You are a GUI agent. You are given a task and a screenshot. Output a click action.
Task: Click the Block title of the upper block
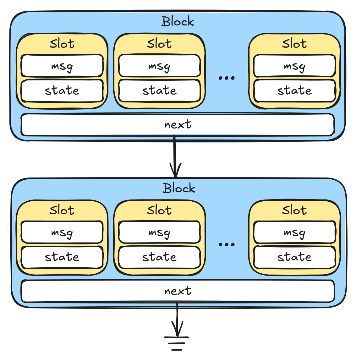pyautogui.click(x=178, y=22)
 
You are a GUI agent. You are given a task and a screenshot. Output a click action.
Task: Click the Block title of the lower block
pyautogui.click(x=179, y=188)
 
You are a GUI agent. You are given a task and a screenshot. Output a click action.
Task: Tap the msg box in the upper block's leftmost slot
pyautogui.click(x=62, y=66)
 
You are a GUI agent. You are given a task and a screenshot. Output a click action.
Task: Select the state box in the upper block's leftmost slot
pyautogui.click(x=62, y=91)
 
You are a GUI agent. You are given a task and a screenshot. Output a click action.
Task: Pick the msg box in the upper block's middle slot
pyautogui.click(x=159, y=66)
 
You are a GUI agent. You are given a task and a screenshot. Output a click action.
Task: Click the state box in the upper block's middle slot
pyautogui.click(x=159, y=91)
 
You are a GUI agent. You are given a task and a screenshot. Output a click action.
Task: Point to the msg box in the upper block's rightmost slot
pyautogui.click(x=294, y=66)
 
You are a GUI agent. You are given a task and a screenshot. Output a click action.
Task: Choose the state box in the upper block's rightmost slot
pyautogui.click(x=294, y=91)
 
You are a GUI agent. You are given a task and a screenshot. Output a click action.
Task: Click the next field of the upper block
pyautogui.click(x=178, y=125)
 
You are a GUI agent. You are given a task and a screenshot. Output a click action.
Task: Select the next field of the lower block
pyautogui.click(x=178, y=291)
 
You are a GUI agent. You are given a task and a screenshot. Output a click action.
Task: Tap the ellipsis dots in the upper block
pyautogui.click(x=227, y=78)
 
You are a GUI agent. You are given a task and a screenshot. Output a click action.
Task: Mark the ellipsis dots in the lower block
pyautogui.click(x=227, y=244)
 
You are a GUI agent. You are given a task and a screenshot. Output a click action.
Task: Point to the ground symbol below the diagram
pyautogui.click(x=176, y=343)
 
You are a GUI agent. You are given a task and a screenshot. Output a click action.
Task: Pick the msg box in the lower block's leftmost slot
pyautogui.click(x=62, y=232)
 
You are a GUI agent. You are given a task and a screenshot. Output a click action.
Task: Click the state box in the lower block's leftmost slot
pyautogui.click(x=62, y=257)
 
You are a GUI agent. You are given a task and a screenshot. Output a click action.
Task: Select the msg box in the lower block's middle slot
pyautogui.click(x=159, y=232)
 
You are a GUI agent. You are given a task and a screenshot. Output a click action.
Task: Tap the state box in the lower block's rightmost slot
pyautogui.click(x=294, y=257)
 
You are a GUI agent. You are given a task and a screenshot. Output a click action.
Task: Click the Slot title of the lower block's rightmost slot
pyautogui.click(x=294, y=210)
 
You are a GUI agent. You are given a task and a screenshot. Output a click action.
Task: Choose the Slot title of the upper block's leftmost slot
pyautogui.click(x=62, y=44)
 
